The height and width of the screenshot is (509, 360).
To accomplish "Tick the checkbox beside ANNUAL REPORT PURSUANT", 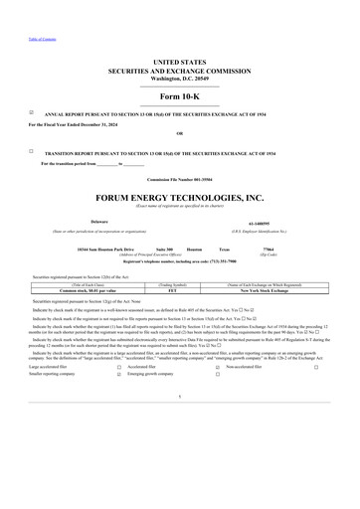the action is point(33,113).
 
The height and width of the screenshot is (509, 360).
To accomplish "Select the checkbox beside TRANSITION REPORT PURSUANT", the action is point(33,151).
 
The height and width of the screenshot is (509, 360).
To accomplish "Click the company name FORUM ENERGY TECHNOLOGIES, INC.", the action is point(180,198).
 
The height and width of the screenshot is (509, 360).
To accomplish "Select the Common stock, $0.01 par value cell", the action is point(81,291).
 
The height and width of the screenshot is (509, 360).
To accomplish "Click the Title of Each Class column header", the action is point(81,285).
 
